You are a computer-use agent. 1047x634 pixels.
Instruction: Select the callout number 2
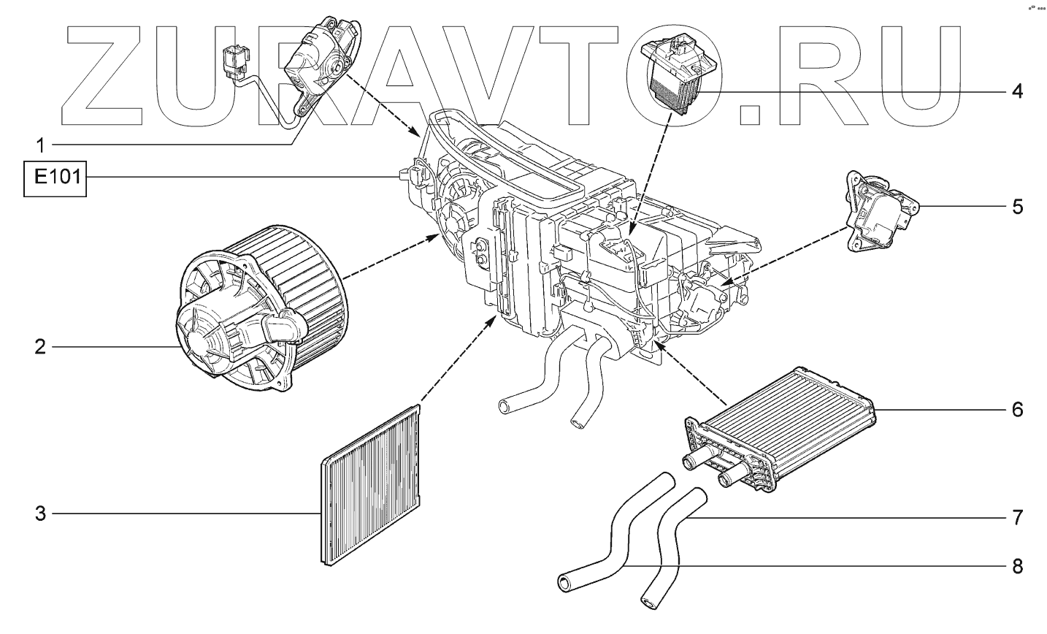41,346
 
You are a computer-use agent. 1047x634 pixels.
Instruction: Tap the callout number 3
41,514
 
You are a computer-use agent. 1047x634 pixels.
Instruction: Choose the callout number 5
1016,207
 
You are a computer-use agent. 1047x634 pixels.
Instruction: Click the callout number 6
1016,409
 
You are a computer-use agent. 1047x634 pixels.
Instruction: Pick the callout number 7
1016,519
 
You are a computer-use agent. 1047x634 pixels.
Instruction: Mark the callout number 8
1016,566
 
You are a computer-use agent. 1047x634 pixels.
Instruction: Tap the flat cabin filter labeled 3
373,485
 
